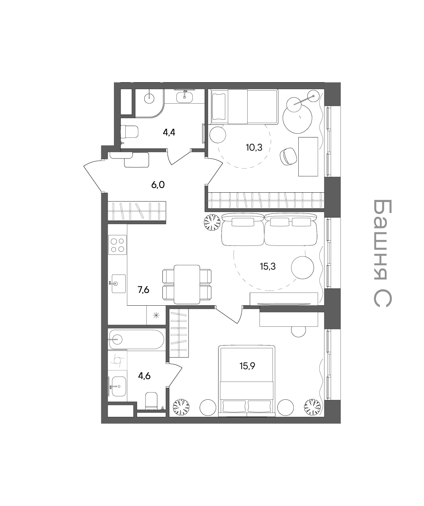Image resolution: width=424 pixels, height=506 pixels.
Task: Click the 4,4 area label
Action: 169,132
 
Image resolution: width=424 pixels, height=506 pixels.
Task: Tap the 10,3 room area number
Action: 254,147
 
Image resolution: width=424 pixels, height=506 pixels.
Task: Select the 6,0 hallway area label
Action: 158,185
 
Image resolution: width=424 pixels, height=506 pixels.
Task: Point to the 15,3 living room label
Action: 267,266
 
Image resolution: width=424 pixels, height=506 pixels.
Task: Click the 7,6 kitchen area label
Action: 143,290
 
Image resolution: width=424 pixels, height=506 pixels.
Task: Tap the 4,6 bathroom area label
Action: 144,376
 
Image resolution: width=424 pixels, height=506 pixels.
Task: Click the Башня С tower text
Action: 382,253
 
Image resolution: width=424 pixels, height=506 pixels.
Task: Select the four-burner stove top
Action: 117,245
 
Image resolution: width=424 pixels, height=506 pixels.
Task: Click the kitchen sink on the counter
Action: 118,283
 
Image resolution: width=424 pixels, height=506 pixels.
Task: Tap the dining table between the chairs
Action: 187,284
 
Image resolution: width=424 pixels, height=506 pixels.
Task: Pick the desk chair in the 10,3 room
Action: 288,156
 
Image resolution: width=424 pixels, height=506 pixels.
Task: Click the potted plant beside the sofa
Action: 212,223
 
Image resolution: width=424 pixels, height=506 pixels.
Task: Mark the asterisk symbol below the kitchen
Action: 157,315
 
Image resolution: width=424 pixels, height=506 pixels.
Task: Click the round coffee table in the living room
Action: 302,268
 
